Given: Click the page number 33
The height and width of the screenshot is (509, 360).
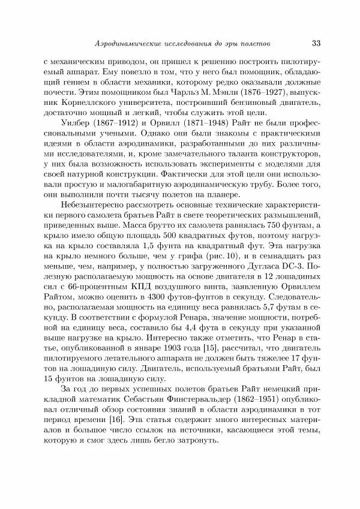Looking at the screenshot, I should (318, 44).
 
